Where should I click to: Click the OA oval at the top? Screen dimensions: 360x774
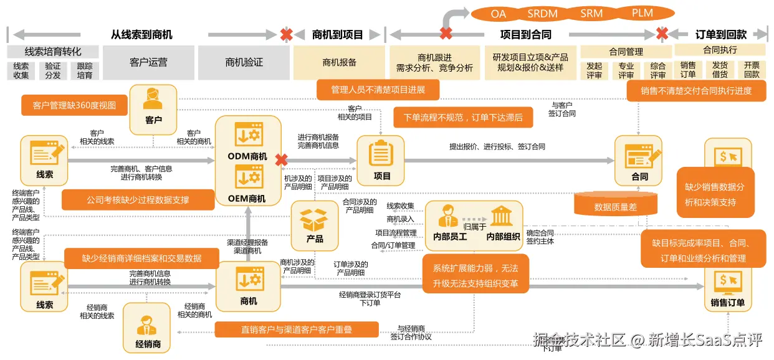click(x=498, y=13)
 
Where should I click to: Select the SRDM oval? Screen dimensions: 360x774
click(x=542, y=13)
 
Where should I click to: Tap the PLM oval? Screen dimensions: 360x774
click(x=642, y=13)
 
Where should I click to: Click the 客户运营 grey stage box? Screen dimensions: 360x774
click(x=148, y=62)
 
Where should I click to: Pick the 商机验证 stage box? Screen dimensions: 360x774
click(x=244, y=62)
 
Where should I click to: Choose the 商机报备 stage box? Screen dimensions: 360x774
click(x=340, y=62)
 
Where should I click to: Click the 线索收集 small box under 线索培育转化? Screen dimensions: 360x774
click(x=21, y=70)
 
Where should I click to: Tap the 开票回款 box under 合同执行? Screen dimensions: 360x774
click(x=752, y=70)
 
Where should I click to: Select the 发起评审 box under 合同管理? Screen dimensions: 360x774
click(x=594, y=70)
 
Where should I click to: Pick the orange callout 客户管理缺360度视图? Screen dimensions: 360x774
click(x=74, y=105)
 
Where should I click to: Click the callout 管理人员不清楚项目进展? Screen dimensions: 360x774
click(x=378, y=90)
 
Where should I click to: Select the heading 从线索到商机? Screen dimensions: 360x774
click(x=141, y=35)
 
